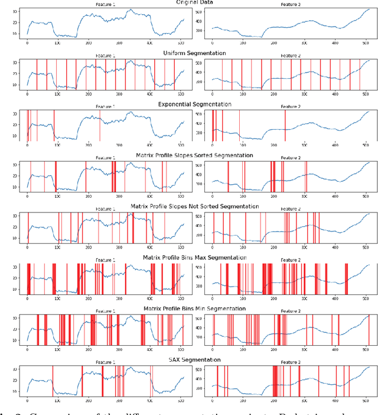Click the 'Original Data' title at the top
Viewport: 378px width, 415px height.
pyautogui.click(x=188, y=2)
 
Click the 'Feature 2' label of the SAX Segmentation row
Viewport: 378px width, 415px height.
pyautogui.click(x=290, y=363)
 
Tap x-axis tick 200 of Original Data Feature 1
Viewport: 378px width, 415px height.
pyautogui.click(x=89, y=43)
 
